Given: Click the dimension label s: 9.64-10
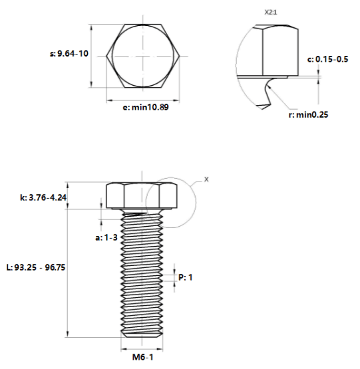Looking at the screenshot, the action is tap(69, 53).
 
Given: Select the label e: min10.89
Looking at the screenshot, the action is tap(146, 107).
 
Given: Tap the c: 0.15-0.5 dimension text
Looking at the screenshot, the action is tap(327, 59).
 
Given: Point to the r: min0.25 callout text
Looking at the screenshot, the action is tap(308, 114).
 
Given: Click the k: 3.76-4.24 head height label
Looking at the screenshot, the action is tap(43, 197).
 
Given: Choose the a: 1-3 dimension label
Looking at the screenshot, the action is tap(106, 237).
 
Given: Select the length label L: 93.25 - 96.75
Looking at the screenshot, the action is tap(36, 267).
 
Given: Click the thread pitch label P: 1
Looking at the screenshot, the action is tap(186, 277).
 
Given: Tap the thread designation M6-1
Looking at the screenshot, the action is tap(143, 357).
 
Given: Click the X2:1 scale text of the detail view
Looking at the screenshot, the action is tap(271, 12).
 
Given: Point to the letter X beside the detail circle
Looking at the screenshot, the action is tap(206, 180).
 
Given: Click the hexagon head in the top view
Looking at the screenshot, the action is tap(143, 56).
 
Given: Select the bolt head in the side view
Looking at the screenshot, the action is tap(142, 195).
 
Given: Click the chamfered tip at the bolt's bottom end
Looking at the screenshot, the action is tap(142, 334).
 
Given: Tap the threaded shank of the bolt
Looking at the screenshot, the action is tap(142, 273).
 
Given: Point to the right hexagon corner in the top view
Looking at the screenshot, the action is tap(180, 56).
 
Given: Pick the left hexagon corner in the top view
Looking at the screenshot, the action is tap(106, 56).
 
